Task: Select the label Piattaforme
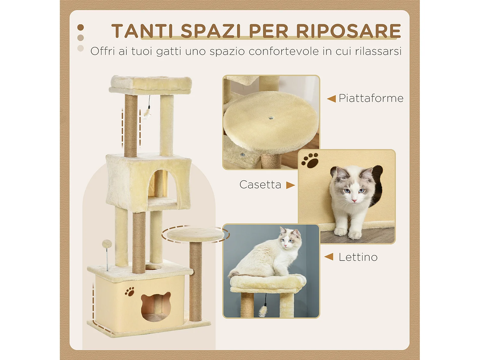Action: pos(371,98)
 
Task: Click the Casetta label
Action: pos(260,185)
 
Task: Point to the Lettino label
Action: pos(358,257)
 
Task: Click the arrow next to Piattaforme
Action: pos(331,99)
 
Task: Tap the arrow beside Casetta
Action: pos(290,185)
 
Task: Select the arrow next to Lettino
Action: pos(329,257)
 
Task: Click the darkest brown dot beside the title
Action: pos(81,28)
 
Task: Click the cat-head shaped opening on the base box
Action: pos(156,307)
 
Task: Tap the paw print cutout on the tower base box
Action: pos(130,292)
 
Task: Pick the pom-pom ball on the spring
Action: pos(107,244)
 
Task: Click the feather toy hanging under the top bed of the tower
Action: pos(148,113)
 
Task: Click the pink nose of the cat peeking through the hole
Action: pos(354,201)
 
